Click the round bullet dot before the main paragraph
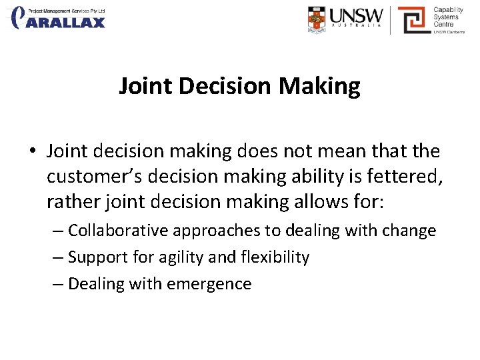(x=32, y=152)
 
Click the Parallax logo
(x=59, y=17)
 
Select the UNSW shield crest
(x=317, y=20)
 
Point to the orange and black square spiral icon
(x=412, y=19)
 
